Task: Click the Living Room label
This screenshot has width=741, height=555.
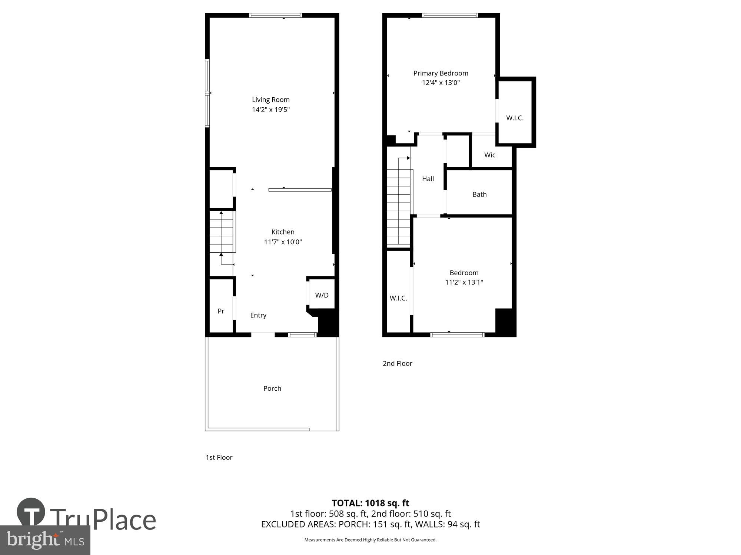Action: [270, 100]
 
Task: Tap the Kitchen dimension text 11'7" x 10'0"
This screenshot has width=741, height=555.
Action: [283, 242]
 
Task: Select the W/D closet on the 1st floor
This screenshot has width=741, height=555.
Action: [322, 295]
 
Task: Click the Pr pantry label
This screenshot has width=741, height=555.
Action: [221, 311]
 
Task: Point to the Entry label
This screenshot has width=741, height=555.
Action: [258, 315]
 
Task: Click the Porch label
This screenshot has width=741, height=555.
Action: [272, 388]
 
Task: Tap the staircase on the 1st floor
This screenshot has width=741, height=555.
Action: [222, 232]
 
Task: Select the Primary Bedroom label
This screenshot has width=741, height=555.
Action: [441, 73]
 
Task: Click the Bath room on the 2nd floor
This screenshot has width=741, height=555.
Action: [479, 194]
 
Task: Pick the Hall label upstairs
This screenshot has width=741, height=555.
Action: [428, 179]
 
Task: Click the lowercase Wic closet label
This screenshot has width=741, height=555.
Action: [489, 155]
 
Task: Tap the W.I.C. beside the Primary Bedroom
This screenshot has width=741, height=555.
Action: [515, 118]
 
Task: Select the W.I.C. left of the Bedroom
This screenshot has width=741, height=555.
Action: [398, 298]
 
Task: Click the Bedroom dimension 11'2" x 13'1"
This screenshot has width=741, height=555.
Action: [464, 282]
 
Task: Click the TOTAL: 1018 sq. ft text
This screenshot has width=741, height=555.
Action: [370, 503]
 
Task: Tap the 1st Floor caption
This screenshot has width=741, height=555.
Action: [219, 457]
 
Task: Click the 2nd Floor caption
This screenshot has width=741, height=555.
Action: [397, 363]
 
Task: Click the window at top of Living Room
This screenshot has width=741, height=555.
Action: [275, 16]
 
